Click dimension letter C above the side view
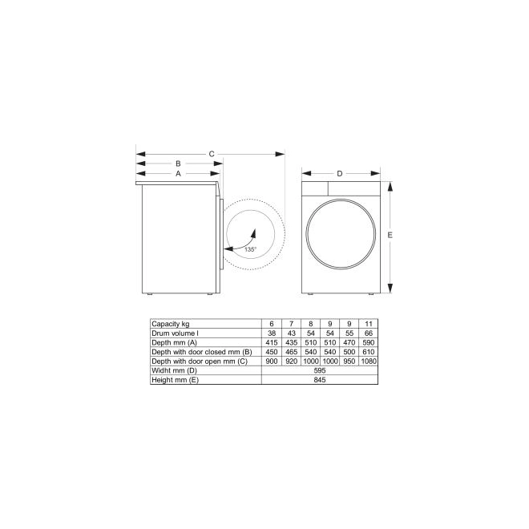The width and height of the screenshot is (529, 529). [212, 154]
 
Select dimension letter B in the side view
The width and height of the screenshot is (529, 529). [178, 164]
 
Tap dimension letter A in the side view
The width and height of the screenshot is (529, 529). [178, 173]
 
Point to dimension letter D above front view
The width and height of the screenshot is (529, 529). [339, 173]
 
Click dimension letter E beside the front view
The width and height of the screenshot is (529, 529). [390, 235]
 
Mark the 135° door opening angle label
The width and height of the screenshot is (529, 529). [250, 249]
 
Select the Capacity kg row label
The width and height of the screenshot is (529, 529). [171, 324]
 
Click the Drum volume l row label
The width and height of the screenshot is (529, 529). [175, 333]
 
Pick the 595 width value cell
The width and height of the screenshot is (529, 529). [320, 370]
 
